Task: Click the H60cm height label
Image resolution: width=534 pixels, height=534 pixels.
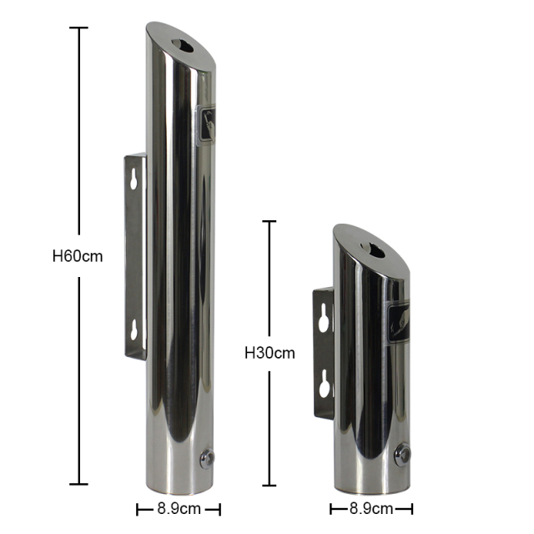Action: point(78,256)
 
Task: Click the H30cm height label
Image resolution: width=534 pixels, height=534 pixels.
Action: point(270,353)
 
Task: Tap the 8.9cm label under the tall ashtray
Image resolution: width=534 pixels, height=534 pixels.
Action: point(178,508)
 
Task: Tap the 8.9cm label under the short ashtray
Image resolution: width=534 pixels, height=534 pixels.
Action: point(370,508)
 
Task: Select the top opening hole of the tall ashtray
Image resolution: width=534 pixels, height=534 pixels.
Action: point(181,44)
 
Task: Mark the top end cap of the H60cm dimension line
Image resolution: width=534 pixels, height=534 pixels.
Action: point(78,28)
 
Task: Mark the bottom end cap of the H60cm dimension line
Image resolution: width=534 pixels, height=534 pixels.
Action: point(78,484)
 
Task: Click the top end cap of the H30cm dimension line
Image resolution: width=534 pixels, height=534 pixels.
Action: point(269,221)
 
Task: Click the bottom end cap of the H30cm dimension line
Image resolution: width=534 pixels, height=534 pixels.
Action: point(269,485)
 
